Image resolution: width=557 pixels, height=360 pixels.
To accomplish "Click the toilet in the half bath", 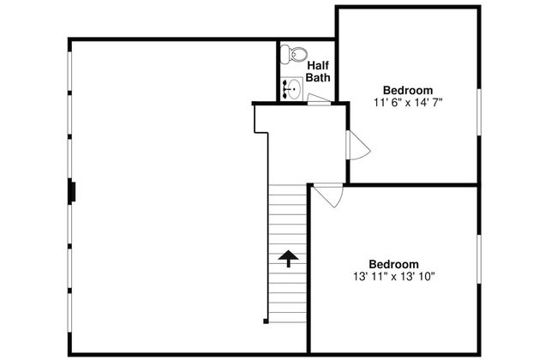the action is (293, 55).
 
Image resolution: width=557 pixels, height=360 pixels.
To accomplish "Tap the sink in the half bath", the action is (291, 88).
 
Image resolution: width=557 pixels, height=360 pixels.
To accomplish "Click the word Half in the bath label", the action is (318, 65).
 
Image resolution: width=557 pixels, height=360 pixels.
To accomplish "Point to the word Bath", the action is (318, 77).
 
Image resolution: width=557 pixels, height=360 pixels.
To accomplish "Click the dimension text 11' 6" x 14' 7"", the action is (408, 102).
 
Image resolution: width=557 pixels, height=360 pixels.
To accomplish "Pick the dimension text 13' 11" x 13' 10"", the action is (394, 276).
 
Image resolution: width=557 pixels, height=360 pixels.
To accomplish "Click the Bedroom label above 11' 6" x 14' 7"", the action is (408, 90).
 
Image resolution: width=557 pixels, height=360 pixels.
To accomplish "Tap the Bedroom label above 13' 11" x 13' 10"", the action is (393, 264).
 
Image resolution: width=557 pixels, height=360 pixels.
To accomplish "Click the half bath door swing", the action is (319, 99).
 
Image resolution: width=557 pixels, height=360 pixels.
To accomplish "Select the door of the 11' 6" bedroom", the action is (358, 145).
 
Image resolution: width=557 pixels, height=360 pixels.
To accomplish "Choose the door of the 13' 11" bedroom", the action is (328, 195).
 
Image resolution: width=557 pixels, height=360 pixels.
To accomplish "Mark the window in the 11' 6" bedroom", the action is (479, 112).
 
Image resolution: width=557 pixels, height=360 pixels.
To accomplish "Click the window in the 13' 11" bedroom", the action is (479, 259).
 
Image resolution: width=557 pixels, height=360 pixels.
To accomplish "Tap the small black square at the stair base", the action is (266, 321).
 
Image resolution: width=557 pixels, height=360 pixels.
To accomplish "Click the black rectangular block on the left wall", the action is (72, 192).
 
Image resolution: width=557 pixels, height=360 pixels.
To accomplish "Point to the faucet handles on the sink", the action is (285, 89).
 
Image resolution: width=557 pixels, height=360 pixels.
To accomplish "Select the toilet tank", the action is (284, 55).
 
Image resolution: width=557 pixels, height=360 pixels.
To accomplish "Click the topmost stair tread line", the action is (287, 185).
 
